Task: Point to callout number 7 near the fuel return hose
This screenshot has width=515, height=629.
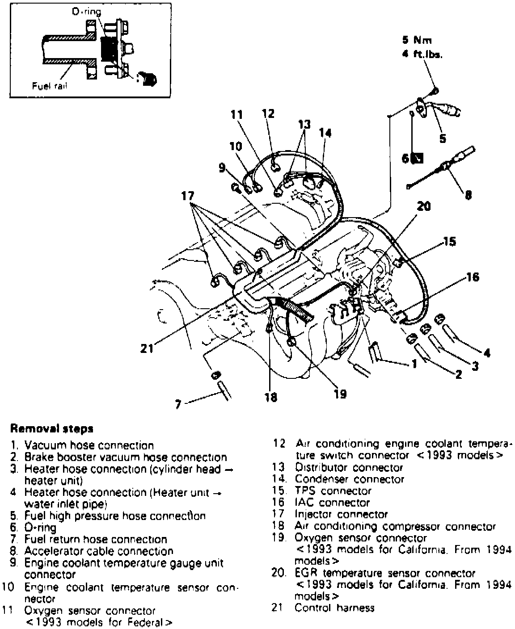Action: pos(178,405)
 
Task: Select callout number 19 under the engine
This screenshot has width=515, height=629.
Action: pos(340,394)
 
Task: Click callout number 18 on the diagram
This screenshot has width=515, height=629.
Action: pos(270,397)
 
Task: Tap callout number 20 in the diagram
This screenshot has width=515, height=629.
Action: pos(423,206)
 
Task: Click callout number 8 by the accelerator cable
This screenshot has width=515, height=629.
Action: pos(468,195)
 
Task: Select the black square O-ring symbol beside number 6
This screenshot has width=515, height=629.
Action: pos(418,159)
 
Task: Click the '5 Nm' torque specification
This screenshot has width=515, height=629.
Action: pos(417,40)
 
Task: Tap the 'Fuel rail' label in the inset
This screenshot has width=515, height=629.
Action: pos(49,85)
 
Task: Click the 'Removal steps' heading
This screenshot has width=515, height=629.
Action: pos(52,429)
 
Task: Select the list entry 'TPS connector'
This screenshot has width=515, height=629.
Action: pos(333,491)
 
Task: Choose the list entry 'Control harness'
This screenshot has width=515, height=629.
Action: pos(334,608)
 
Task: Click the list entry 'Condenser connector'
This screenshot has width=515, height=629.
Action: pos(349,479)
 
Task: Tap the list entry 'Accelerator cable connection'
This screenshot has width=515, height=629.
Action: pos(98,551)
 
